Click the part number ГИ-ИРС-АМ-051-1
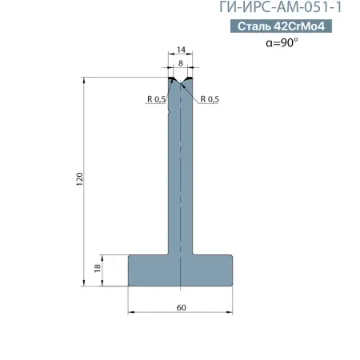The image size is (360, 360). (x=281, y=7)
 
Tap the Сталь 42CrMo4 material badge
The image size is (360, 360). (x=281, y=26)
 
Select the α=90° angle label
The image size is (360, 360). (x=282, y=42)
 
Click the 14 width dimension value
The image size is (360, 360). (x=181, y=50)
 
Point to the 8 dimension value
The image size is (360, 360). (x=181, y=63)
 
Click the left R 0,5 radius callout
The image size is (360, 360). (x=157, y=99)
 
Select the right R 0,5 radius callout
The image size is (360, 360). (x=210, y=99)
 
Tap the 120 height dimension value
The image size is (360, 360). (x=80, y=179)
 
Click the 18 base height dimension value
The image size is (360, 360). (x=98, y=268)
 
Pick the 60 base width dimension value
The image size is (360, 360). (x=181, y=307)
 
